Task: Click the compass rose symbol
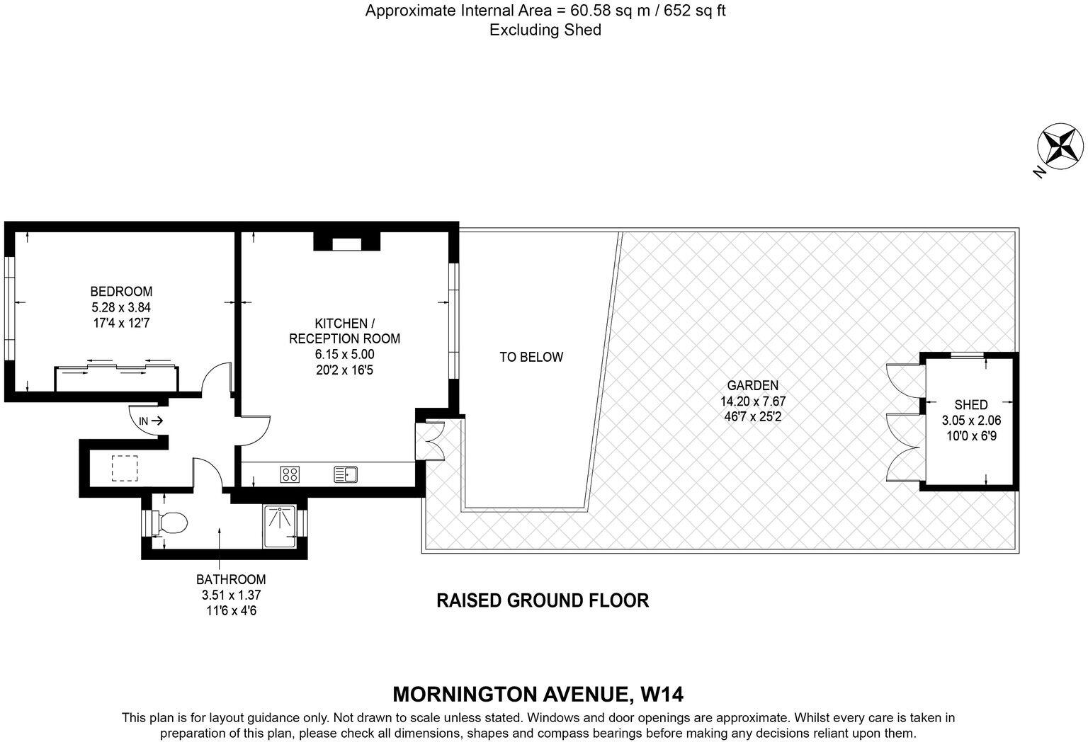(x=1060, y=147)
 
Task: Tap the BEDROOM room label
(x=121, y=291)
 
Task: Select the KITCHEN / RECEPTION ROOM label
(x=344, y=331)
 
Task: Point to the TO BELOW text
(x=531, y=358)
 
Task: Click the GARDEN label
(x=753, y=386)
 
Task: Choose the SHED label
(x=971, y=405)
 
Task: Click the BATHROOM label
(x=231, y=579)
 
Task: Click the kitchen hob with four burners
(x=290, y=474)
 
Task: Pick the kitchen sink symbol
(x=346, y=474)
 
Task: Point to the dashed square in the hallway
(x=125, y=469)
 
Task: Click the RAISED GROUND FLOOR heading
(x=543, y=600)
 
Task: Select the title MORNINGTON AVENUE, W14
(x=538, y=693)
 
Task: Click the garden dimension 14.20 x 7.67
(x=753, y=401)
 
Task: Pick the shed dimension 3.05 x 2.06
(x=971, y=421)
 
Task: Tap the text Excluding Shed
(x=545, y=30)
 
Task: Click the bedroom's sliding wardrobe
(x=117, y=378)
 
